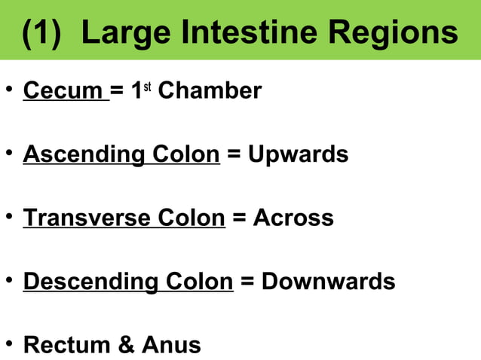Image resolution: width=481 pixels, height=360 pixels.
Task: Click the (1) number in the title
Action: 42,32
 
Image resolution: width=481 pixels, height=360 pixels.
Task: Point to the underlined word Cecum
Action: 65,91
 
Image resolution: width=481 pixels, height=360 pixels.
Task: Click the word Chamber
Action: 210,91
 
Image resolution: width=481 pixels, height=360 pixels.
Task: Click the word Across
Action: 293,218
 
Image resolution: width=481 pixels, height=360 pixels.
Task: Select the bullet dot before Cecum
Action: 9,91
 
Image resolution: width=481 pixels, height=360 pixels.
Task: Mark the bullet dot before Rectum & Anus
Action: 9,345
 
